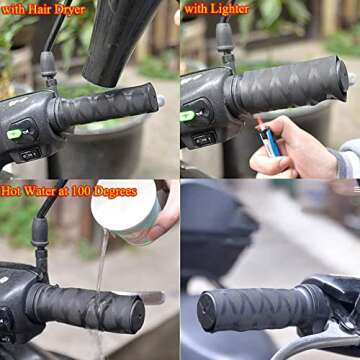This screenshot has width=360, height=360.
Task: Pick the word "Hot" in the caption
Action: (x=14, y=190)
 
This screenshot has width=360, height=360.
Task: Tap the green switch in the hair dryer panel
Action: (x=15, y=133)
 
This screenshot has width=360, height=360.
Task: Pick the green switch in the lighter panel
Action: (x=187, y=116)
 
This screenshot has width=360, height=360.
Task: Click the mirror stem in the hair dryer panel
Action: (x=48, y=65)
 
